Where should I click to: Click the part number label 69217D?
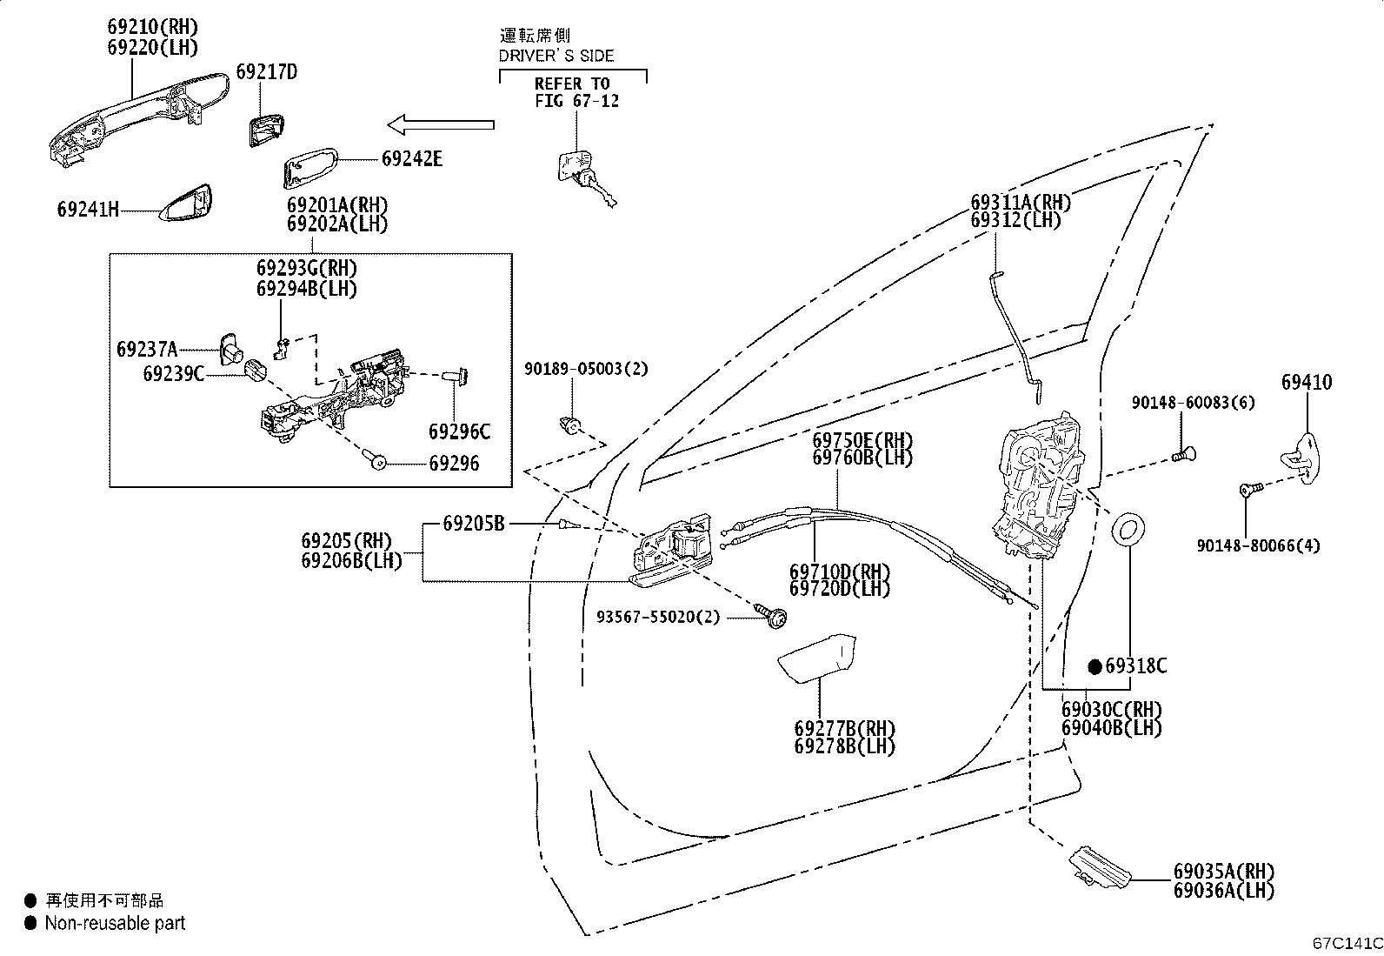[265, 71]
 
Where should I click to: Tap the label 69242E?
[411, 158]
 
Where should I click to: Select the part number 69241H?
[88, 209]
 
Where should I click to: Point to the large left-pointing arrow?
[440, 125]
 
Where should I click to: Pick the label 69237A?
[147, 350]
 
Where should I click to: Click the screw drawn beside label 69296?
[378, 463]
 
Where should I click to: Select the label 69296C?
[459, 431]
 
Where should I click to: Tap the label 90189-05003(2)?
[586, 369]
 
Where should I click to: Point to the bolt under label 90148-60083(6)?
[1182, 453]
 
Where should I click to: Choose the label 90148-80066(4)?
[1257, 545]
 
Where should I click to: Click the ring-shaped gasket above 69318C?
[1130, 530]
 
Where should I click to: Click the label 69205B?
[474, 524]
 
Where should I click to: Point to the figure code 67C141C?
[1347, 942]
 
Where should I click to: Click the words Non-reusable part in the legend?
[115, 923]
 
